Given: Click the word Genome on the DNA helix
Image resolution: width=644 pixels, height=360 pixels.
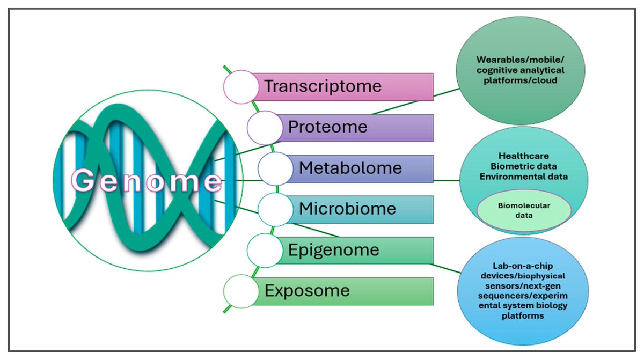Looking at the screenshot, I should click(147, 181).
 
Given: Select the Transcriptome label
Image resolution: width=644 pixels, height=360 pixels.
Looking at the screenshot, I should click(323, 86).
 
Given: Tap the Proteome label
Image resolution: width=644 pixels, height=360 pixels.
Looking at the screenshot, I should click(327, 127).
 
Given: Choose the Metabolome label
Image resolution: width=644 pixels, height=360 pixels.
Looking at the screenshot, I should click(350, 168).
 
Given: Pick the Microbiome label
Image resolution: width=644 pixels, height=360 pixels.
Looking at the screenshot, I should click(347, 208).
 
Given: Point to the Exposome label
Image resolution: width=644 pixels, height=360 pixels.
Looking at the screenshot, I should click(307, 291).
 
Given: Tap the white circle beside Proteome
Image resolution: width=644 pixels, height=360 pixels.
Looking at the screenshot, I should click(265, 128).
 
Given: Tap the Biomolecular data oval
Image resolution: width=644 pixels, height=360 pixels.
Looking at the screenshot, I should click(524, 210).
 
